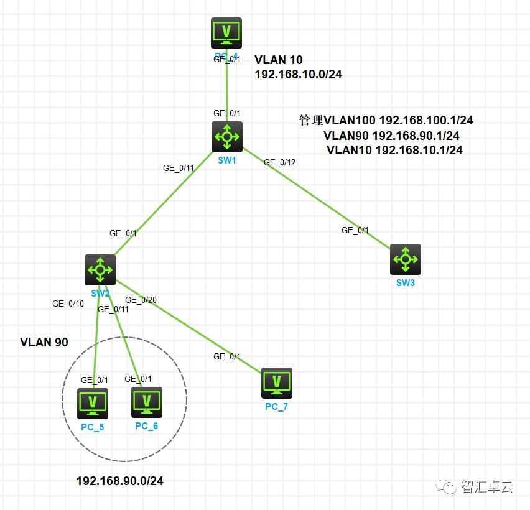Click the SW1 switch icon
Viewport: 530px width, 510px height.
point(226,137)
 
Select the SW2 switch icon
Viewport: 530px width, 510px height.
point(100,269)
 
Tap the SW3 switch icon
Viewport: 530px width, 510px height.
point(406,259)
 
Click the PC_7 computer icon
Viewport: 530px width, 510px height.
point(277,383)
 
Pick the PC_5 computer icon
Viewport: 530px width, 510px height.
point(93,403)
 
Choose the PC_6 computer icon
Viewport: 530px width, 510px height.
point(147,402)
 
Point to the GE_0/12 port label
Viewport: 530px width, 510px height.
point(279,162)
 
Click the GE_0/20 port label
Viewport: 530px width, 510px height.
point(141,300)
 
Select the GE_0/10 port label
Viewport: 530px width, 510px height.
point(68,304)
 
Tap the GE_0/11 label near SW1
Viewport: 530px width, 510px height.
point(179,168)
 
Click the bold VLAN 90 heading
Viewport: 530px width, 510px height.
point(44,342)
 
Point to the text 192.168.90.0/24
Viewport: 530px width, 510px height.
point(119,481)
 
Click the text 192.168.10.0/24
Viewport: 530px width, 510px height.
point(298,74)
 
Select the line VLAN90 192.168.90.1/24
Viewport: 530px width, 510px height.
point(391,136)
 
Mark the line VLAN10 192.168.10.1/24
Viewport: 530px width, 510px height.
point(394,150)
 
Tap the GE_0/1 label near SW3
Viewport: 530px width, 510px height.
point(355,230)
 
